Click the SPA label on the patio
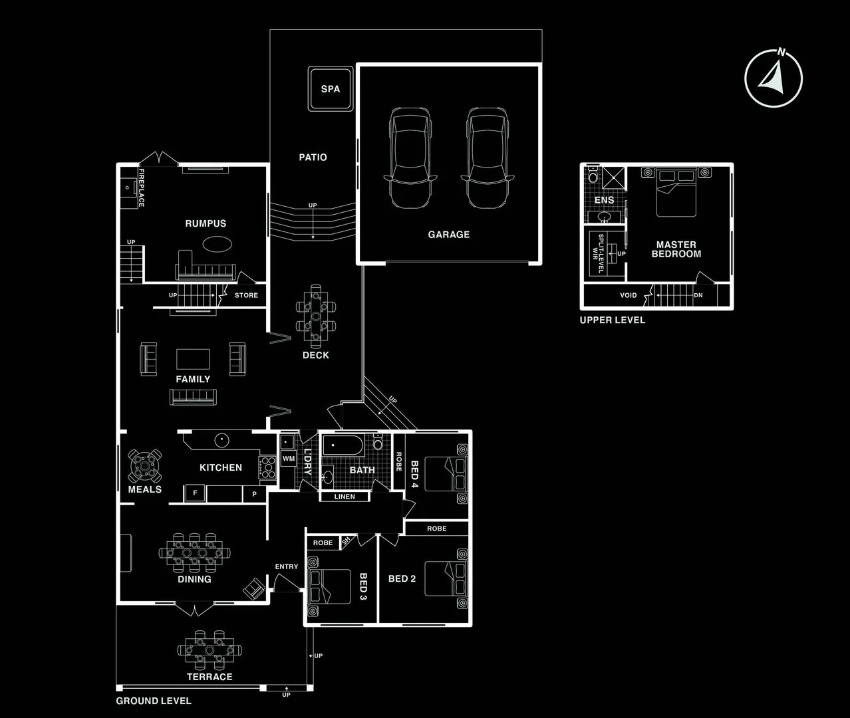click(x=330, y=88)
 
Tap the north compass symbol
click(x=773, y=78)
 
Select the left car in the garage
click(x=410, y=158)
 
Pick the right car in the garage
click(x=488, y=158)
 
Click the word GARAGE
click(x=448, y=235)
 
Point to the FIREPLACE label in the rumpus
click(x=141, y=187)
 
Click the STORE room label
click(x=246, y=295)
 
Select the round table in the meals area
click(x=144, y=465)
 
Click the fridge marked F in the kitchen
click(x=195, y=493)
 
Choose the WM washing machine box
click(x=289, y=459)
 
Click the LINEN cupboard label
click(x=345, y=497)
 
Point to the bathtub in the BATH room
click(x=343, y=445)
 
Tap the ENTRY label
click(x=286, y=566)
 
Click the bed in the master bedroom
click(x=676, y=192)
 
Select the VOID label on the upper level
click(x=628, y=295)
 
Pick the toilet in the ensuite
click(x=593, y=176)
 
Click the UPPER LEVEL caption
click(x=613, y=320)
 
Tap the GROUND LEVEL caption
click(x=154, y=701)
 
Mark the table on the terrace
click(x=210, y=650)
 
